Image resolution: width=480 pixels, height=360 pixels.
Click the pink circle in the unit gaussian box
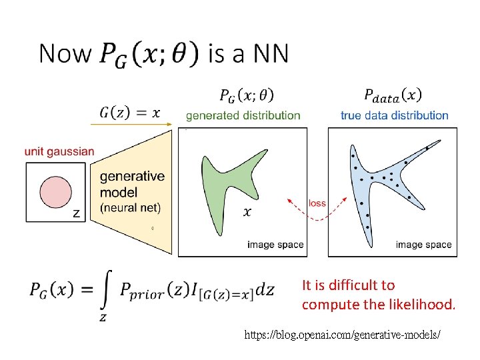tap(55, 191)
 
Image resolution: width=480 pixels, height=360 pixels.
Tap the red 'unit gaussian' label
tap(59, 151)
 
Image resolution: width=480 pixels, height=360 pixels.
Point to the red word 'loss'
tap(317, 203)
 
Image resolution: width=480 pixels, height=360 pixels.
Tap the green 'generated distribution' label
tap(243, 115)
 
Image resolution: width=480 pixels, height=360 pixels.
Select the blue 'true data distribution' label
tap(394, 115)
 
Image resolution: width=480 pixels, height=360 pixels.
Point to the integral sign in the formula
tap(105, 289)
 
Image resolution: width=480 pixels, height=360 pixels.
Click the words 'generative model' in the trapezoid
tap(132, 183)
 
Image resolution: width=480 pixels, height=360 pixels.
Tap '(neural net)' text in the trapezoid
tap(130, 207)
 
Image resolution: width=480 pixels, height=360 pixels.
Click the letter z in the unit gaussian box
tap(76, 213)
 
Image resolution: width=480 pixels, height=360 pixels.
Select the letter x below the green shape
tap(247, 212)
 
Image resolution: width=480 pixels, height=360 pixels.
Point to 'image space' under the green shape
tap(275, 245)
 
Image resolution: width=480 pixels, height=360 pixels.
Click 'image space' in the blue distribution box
tap(423, 245)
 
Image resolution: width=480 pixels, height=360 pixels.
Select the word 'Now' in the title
tap(64, 53)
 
